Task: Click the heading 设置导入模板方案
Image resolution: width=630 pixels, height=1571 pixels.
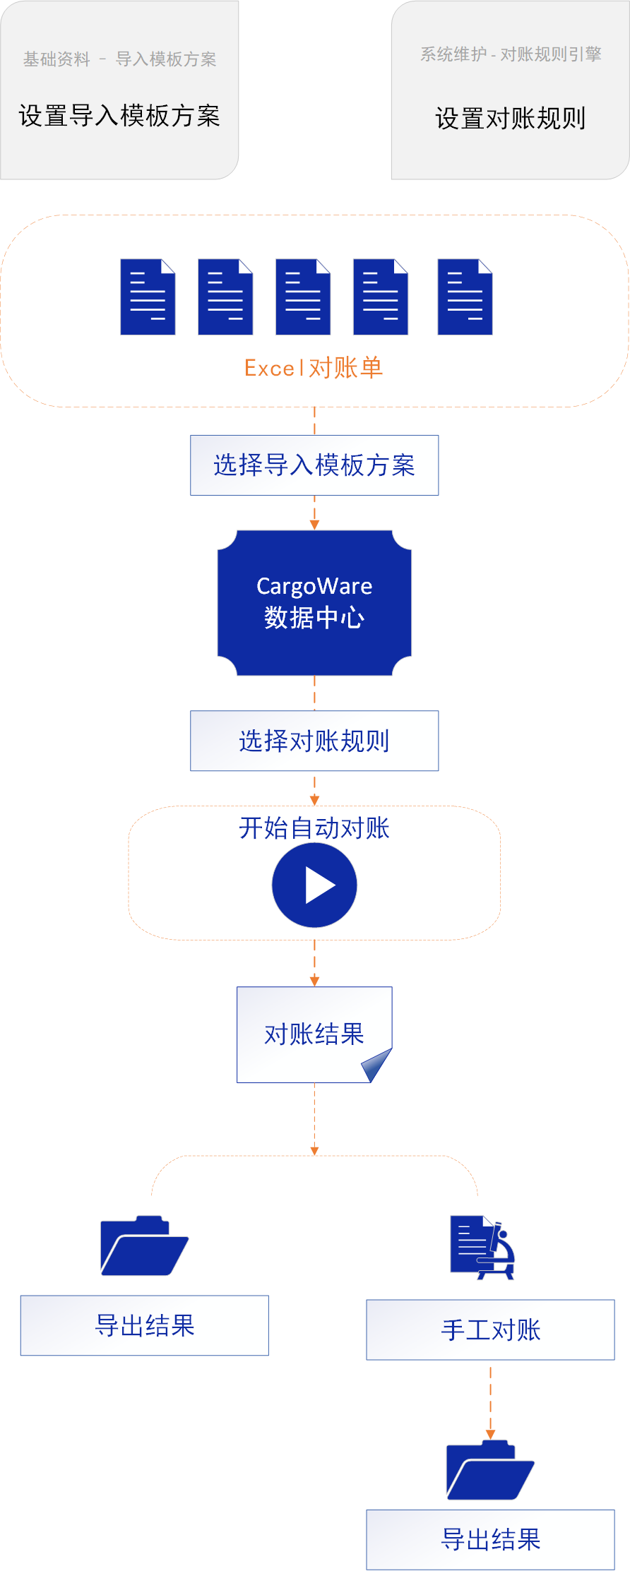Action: [x=119, y=116]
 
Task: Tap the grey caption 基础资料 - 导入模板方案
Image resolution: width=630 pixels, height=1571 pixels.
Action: [x=119, y=59]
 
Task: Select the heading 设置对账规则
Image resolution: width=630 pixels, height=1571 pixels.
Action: [x=510, y=119]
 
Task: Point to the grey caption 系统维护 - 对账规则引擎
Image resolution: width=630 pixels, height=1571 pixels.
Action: [x=511, y=54]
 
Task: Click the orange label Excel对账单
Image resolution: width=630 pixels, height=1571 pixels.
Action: [x=314, y=368]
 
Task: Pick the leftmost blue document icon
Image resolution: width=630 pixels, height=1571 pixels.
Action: [x=148, y=297]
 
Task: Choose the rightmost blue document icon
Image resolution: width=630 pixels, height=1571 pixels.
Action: [x=465, y=297]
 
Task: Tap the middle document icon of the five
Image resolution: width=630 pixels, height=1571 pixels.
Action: [x=303, y=297]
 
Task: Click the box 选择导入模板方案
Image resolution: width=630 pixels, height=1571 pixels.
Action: [x=314, y=465]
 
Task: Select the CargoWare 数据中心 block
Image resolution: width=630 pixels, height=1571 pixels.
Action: [x=314, y=602]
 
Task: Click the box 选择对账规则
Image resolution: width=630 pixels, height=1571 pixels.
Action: [x=314, y=741]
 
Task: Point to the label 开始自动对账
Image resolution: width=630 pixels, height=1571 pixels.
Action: [x=314, y=828]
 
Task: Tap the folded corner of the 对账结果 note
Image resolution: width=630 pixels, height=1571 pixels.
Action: [x=377, y=1064]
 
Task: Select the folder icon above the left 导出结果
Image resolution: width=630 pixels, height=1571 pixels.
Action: [x=144, y=1246]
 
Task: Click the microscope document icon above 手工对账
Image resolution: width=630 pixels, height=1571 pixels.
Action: [x=483, y=1247]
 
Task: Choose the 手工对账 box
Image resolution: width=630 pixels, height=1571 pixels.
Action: [x=490, y=1330]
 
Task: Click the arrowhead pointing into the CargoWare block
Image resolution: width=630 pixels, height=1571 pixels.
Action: [x=314, y=525]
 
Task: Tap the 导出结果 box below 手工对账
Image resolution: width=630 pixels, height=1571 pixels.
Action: [x=490, y=1539]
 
